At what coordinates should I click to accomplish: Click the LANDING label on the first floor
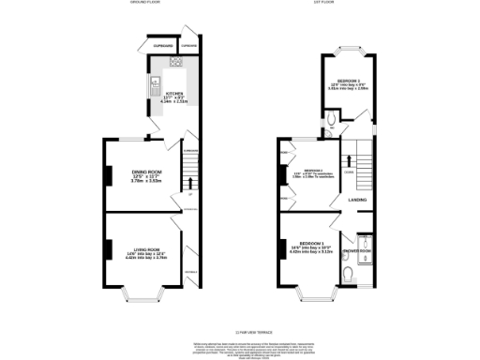coord(357,200)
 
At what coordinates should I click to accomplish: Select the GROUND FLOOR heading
coord(144,3)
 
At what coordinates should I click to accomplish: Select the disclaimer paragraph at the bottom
coord(240,347)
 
